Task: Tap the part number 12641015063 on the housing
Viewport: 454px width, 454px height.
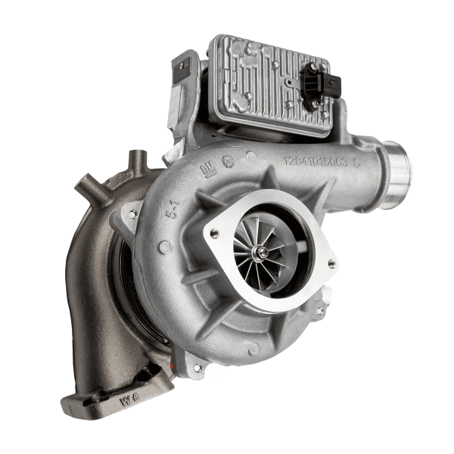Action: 321,160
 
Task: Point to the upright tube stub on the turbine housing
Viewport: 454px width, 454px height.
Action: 137,162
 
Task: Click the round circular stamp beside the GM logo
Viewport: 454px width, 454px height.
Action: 228,160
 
